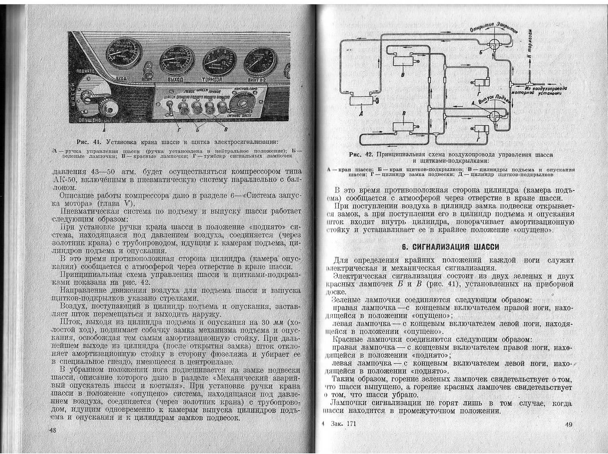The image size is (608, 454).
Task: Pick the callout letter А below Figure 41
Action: (x=104, y=130)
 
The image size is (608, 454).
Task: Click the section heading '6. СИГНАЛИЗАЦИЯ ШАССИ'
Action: (x=450, y=247)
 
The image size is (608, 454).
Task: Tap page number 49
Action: (x=568, y=424)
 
